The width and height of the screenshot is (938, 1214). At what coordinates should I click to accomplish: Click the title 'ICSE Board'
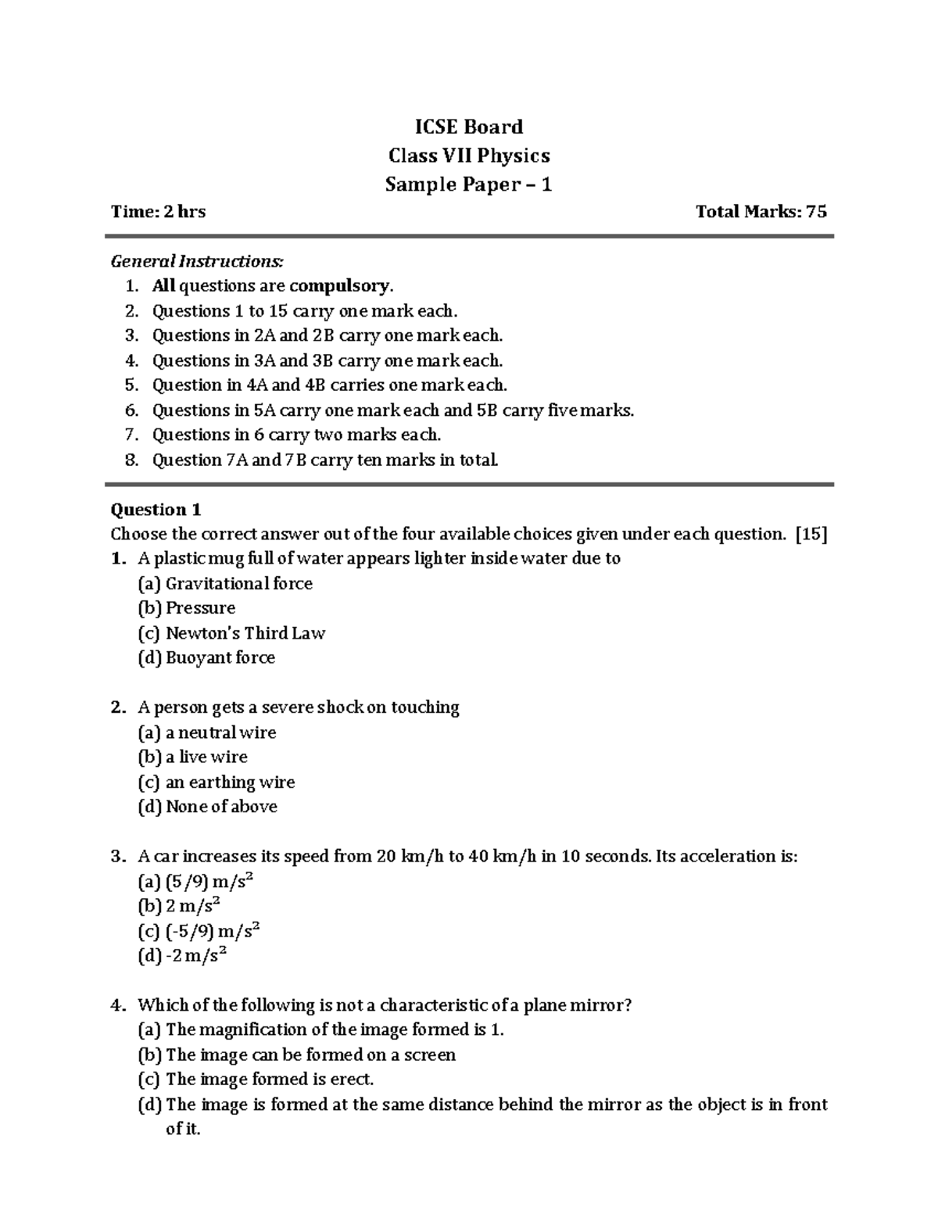pyautogui.click(x=468, y=127)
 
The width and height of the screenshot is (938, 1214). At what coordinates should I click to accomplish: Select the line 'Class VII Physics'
pyautogui.click(x=469, y=156)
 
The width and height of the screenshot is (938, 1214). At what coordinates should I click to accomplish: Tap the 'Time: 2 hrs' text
pyautogui.click(x=158, y=211)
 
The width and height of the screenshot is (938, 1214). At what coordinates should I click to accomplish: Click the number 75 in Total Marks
pyautogui.click(x=816, y=211)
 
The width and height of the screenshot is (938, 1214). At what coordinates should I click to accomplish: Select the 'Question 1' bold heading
pyautogui.click(x=156, y=510)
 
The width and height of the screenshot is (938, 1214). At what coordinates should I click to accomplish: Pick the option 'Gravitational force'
pyautogui.click(x=238, y=584)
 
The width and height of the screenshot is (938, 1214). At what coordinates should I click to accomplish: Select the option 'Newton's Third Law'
pyautogui.click(x=245, y=633)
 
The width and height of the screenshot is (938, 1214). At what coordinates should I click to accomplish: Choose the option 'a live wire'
pyautogui.click(x=206, y=757)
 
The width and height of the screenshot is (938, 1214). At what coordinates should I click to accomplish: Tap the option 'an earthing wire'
pyautogui.click(x=230, y=782)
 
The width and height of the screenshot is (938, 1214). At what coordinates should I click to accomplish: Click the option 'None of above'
pyautogui.click(x=221, y=807)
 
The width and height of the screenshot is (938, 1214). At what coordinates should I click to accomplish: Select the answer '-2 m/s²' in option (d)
pyautogui.click(x=195, y=955)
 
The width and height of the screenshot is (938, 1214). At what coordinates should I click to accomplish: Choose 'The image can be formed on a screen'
pyautogui.click(x=310, y=1055)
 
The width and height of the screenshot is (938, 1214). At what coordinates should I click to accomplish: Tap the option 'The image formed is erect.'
pyautogui.click(x=270, y=1080)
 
